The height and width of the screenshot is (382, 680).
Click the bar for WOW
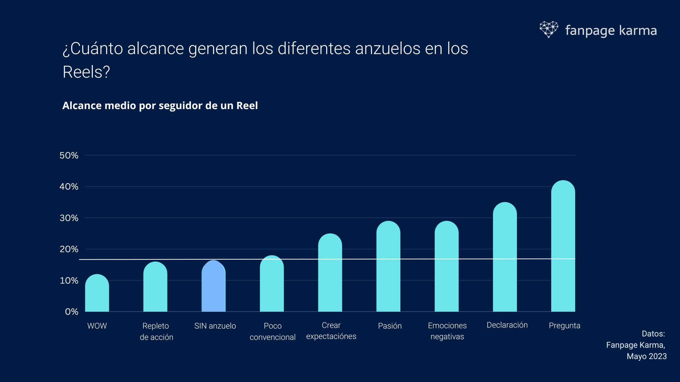coord(97,294)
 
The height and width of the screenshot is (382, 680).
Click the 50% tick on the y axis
coord(69,155)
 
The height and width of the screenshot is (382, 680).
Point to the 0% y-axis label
coord(71,312)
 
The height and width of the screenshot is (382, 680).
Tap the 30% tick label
coord(69,218)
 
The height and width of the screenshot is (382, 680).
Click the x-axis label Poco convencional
coord(273,331)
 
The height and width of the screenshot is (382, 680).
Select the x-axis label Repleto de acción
coord(156,331)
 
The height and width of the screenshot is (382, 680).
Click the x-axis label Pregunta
coord(564,326)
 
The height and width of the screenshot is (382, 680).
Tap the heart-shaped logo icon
coord(549,29)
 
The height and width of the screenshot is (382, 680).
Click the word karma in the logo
coord(638,30)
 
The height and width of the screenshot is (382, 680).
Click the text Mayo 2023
coord(646,356)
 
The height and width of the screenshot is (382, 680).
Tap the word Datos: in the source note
coord(653,334)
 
